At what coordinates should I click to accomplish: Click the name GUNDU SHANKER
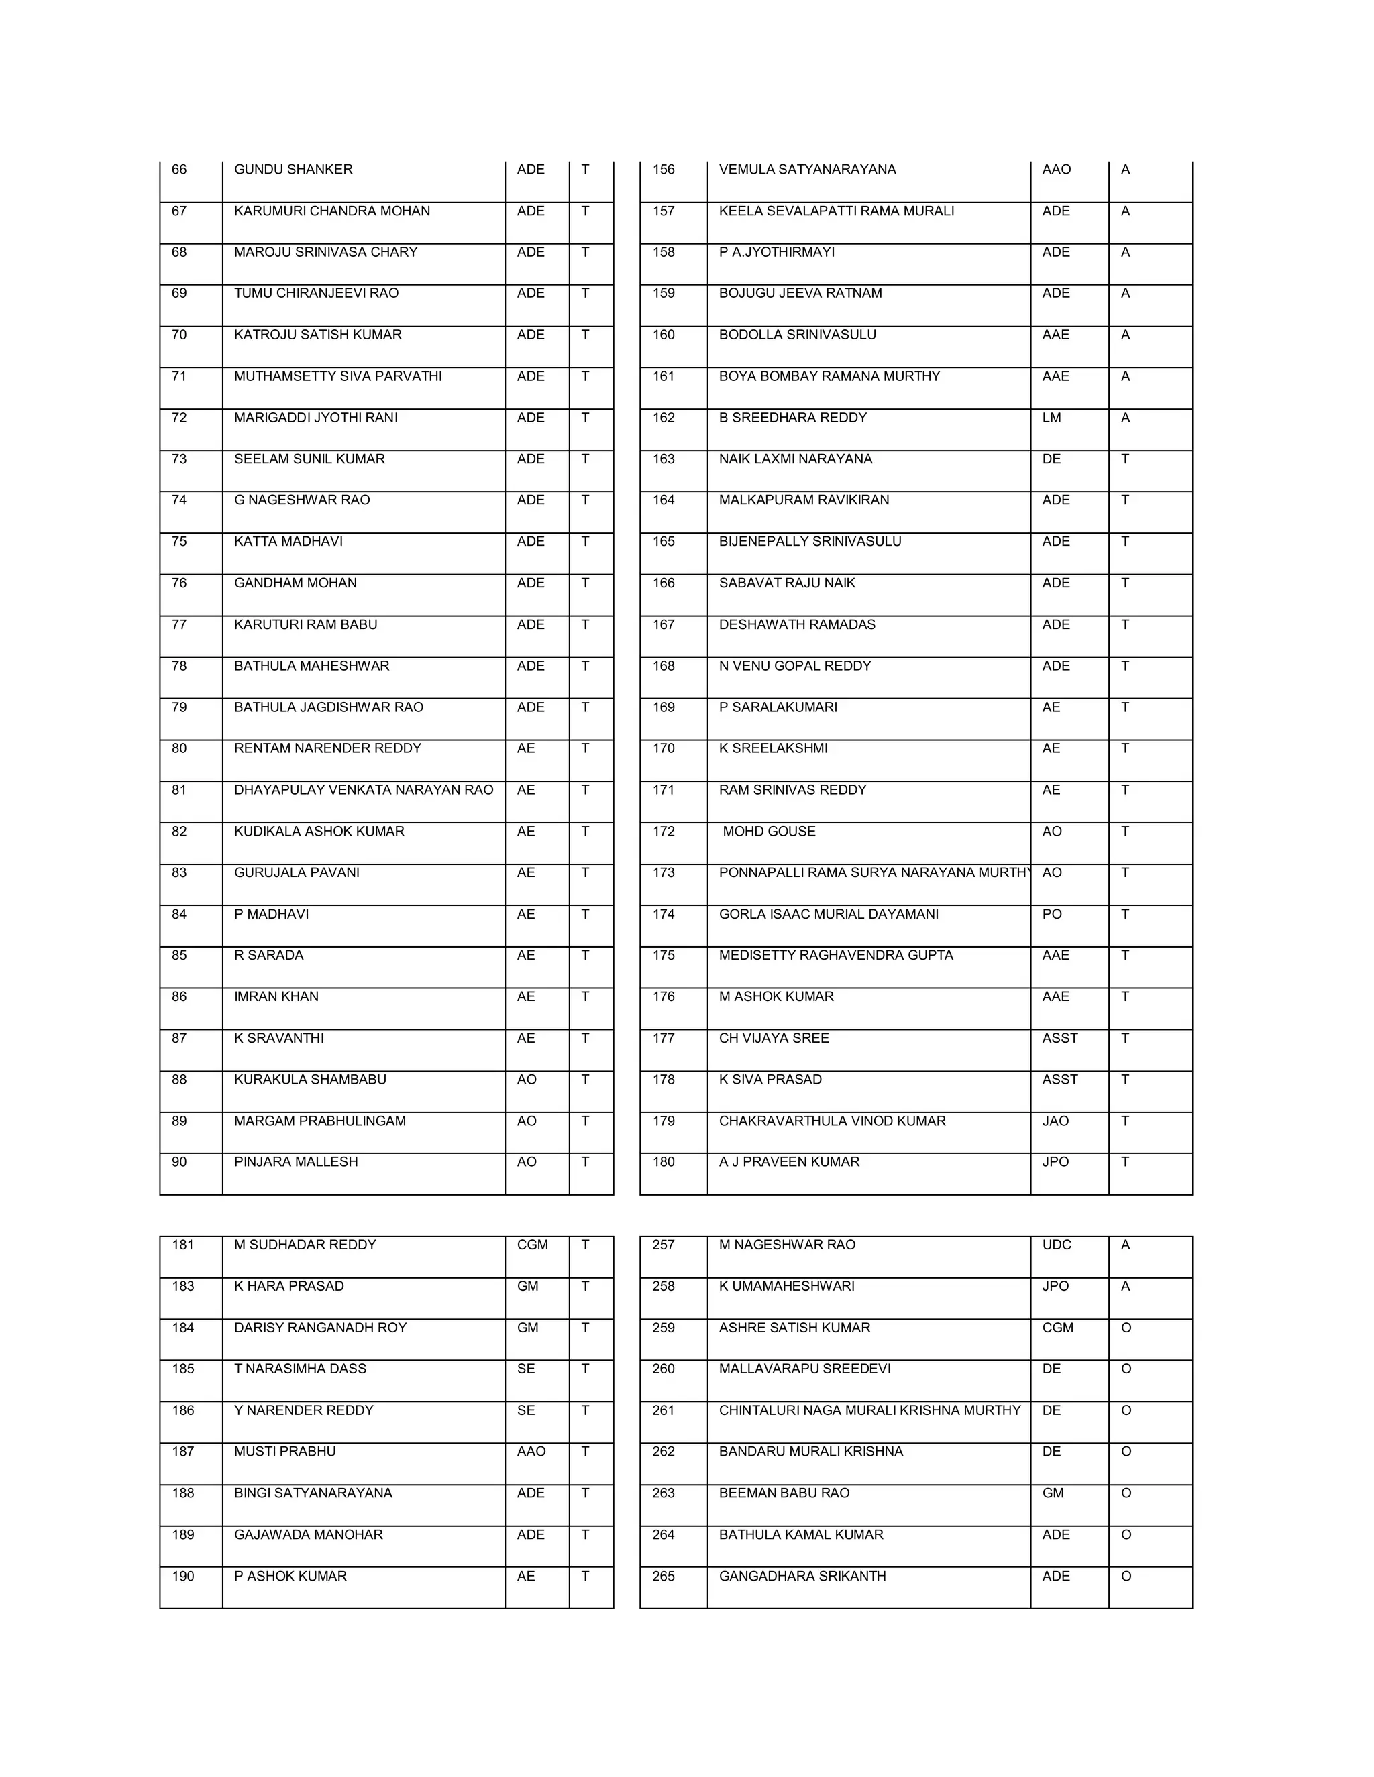[x=293, y=169]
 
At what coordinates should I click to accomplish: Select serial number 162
[x=664, y=417]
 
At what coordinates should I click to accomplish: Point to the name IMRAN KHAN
[x=276, y=996]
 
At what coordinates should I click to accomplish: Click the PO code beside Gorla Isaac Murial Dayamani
[x=1052, y=914]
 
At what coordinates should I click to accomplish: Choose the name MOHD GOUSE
[x=768, y=831]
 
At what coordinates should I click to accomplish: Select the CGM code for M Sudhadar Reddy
[x=532, y=1244]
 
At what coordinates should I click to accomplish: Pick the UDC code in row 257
[x=1057, y=1244]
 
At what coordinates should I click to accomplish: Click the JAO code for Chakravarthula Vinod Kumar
[x=1055, y=1121]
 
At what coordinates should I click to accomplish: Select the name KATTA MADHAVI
[x=288, y=541]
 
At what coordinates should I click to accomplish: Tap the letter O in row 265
[x=1126, y=1576]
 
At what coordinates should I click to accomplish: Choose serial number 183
[x=183, y=1285]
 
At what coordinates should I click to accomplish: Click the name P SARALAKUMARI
[x=778, y=707]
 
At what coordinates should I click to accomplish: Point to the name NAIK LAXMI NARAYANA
[x=795, y=459]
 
